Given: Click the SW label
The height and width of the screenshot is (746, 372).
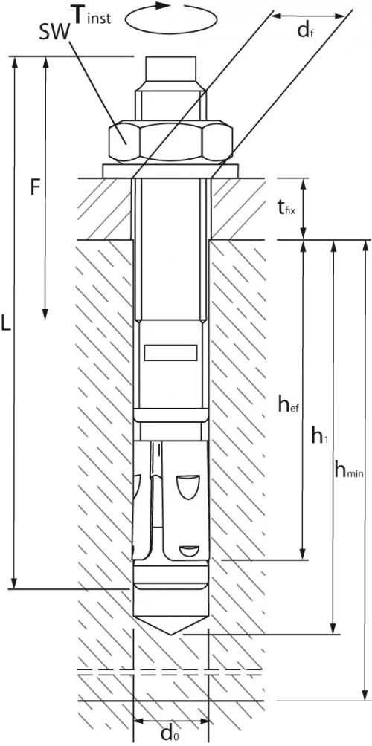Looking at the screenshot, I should coord(54,29).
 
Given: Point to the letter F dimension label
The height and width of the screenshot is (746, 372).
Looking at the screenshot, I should coord(34,188).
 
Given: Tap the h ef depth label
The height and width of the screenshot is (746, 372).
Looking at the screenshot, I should coord(288,404).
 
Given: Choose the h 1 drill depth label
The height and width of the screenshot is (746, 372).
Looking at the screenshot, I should coord(320,438).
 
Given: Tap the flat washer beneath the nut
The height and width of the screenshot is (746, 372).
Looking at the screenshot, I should coord(170,170).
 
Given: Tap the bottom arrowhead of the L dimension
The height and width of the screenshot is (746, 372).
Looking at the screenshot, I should coord(15,584).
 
